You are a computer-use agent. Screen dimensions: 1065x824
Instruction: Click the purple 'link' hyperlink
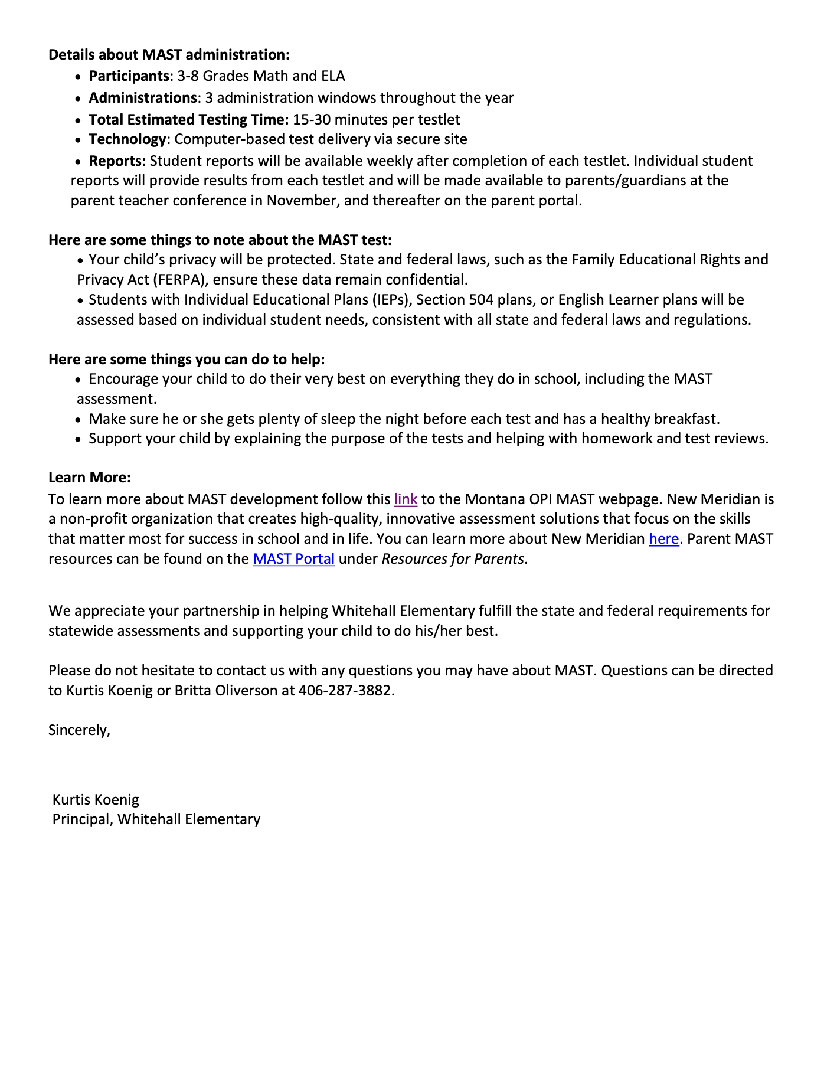point(406,499)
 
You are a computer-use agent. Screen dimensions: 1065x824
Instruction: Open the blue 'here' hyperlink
point(663,539)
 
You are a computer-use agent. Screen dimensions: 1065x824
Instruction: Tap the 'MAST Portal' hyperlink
point(293,559)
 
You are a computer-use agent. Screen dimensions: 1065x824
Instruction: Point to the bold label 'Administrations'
point(142,98)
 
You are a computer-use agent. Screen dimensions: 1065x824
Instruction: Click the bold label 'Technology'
point(127,139)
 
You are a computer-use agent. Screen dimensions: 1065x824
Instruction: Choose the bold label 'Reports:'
point(117,161)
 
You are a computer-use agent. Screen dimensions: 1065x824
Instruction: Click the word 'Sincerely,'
point(79,730)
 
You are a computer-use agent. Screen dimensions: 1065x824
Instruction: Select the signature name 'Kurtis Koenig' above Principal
point(96,800)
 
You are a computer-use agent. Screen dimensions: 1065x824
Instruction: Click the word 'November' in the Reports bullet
point(302,201)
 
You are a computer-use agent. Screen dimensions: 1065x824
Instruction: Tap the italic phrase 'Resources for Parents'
point(453,559)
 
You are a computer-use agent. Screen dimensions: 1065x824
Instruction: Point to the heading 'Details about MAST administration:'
point(169,55)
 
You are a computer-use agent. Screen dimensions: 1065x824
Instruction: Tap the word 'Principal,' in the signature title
point(83,819)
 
